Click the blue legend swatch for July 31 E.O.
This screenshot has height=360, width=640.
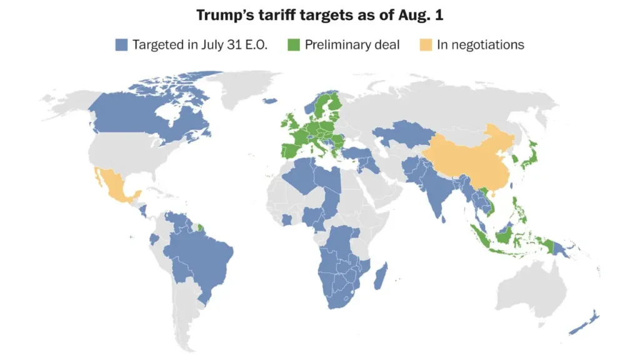[x=122, y=44]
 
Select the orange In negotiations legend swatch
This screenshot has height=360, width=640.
[x=426, y=44]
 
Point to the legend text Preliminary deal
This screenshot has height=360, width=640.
[x=352, y=44]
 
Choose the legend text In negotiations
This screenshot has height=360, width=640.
[x=480, y=44]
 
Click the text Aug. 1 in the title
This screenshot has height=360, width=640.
[x=420, y=14]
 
